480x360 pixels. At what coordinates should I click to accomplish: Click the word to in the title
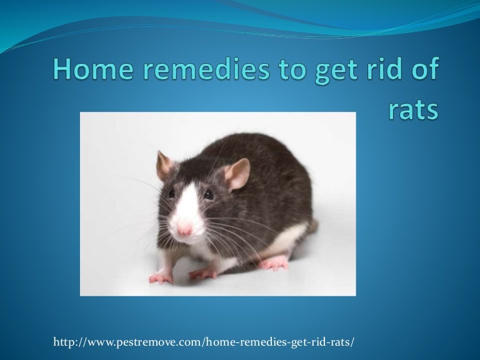point(292,70)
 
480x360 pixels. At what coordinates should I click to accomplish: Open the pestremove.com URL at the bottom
point(204,342)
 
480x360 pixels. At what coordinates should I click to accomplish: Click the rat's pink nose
point(184,229)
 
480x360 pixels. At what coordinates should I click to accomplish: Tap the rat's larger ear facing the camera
point(237,174)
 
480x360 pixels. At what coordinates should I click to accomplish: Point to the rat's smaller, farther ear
point(164,165)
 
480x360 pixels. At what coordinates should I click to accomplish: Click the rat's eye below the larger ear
point(209,194)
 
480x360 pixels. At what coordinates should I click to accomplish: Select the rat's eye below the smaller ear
point(171,193)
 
